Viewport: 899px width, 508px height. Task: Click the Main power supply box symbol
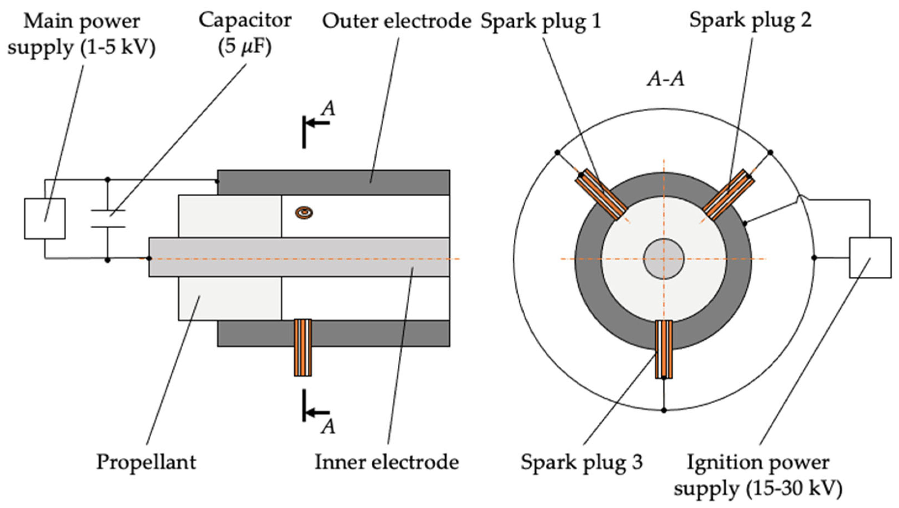[45, 219]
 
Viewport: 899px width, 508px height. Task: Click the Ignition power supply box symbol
[870, 258]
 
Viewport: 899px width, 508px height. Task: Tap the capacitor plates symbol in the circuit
[108, 219]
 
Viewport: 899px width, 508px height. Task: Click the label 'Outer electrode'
[396, 21]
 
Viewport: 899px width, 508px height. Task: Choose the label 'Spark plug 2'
[750, 20]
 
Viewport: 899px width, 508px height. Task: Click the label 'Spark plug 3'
[582, 462]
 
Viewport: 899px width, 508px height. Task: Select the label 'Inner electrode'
[387, 462]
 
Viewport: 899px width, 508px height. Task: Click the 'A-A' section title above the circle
[666, 79]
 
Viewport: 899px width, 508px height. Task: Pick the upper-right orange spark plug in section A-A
[728, 195]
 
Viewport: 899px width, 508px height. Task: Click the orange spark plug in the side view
[303, 348]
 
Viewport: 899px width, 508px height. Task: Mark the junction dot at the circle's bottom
[664, 410]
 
